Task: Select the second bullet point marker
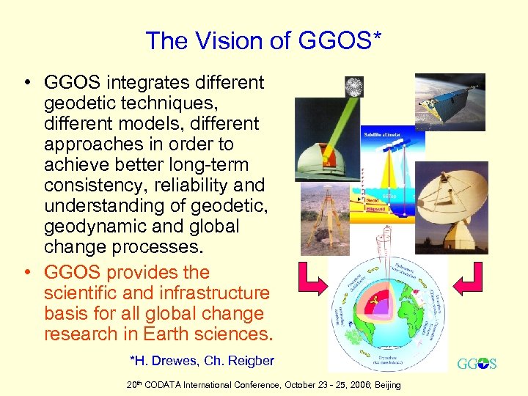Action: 26,273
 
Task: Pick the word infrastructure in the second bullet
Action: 213,293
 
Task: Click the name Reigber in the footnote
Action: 248,360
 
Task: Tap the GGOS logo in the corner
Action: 476,364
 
